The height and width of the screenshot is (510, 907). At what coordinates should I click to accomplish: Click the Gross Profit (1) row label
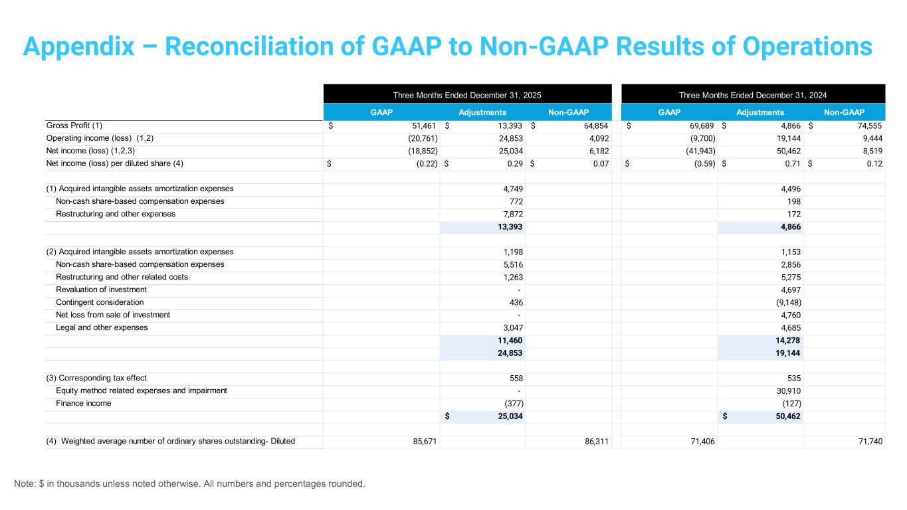pyautogui.click(x=74, y=126)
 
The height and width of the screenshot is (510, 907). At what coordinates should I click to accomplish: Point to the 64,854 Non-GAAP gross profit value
pyautogui.click(x=594, y=126)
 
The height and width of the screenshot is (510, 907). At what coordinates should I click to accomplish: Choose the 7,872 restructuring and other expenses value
pyautogui.click(x=510, y=214)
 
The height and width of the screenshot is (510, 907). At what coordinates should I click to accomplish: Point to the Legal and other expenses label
pyautogui.click(x=102, y=327)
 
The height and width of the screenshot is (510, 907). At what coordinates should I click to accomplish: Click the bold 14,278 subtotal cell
pyautogui.click(x=787, y=340)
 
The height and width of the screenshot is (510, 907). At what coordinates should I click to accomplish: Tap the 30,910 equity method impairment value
pyautogui.click(x=787, y=390)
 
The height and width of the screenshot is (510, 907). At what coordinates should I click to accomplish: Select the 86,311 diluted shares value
pyautogui.click(x=595, y=441)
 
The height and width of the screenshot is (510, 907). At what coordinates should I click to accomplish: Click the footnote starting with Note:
pyautogui.click(x=189, y=483)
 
